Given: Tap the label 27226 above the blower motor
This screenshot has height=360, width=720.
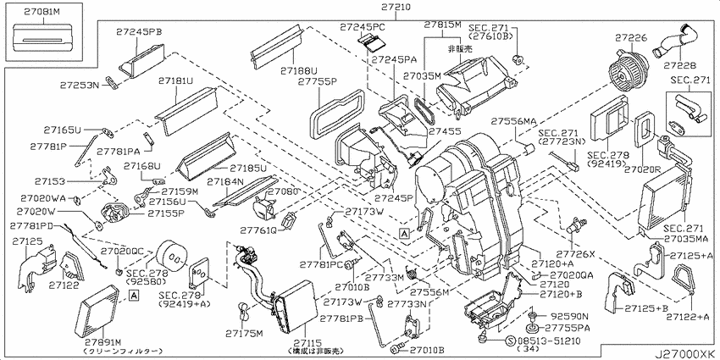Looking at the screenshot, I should point(632,38).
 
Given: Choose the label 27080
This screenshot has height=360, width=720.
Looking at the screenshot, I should point(285,192).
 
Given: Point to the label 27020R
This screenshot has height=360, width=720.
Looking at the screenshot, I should point(644,169).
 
